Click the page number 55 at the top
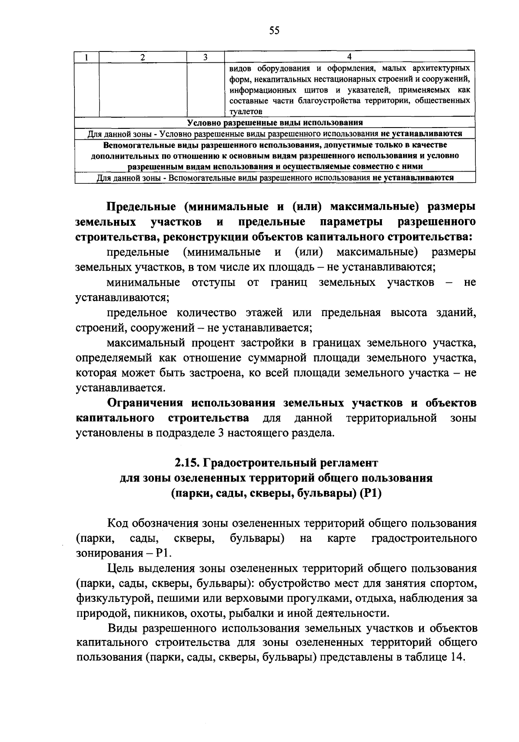(274, 30)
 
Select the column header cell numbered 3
(205, 57)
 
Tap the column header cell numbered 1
(86, 57)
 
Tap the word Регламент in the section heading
(348, 463)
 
